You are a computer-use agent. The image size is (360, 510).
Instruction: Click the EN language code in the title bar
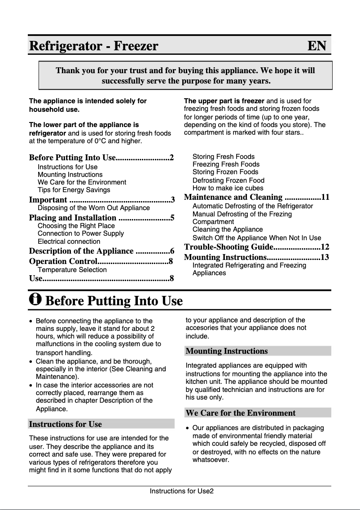pos(316,46)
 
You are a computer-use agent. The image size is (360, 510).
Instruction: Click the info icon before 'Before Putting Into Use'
pos(35,299)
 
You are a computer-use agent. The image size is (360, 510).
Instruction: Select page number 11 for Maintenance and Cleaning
pos(325,197)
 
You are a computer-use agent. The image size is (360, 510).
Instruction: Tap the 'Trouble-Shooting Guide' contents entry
pos(229,247)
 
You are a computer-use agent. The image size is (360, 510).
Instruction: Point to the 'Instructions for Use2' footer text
pos(182,491)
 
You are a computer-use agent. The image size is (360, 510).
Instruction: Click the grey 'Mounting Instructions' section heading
pos(227,351)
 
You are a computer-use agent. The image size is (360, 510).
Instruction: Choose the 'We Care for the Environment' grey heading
pos(241,413)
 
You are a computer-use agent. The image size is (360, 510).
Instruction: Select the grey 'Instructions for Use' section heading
pos(65,424)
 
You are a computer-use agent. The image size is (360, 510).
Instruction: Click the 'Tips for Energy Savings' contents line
pos(74,190)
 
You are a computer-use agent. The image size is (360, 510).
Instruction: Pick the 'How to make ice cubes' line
pos(228,188)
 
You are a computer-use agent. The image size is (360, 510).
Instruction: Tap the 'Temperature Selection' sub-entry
pos(72,270)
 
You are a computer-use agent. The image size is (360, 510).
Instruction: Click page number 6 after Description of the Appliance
pos(172,251)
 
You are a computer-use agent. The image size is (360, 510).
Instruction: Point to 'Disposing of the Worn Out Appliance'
pos(94,208)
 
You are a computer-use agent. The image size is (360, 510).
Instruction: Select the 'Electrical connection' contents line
pos(69,242)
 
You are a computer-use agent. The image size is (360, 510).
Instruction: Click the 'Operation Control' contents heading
pos(63,262)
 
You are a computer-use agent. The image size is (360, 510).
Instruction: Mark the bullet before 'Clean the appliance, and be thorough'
pos(31,361)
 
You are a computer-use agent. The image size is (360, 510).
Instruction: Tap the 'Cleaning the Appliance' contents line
pos(224,229)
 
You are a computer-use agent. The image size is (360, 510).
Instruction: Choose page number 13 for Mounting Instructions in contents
pos(325,257)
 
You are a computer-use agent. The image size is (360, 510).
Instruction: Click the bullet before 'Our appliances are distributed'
pos(187,428)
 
